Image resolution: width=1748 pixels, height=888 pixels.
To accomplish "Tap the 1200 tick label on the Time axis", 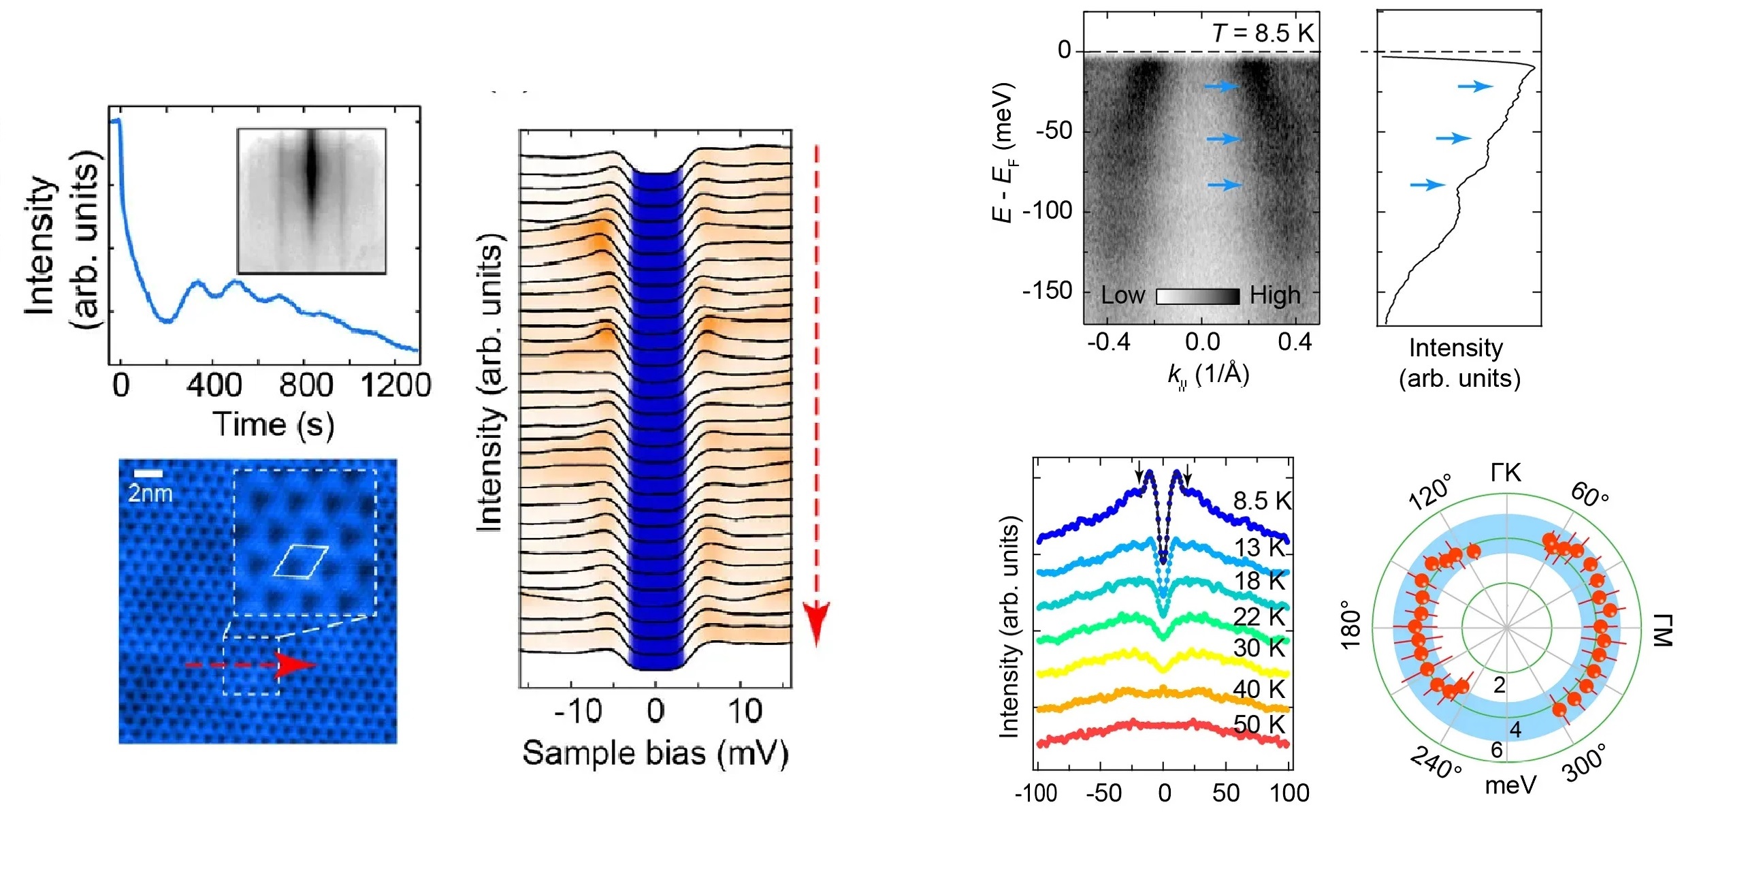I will (x=395, y=386).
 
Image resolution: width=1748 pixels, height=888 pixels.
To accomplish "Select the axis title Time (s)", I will (x=274, y=425).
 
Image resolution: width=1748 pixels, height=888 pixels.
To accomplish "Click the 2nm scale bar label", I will (x=150, y=493).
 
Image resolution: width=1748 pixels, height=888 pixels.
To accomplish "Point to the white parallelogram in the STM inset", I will (x=301, y=560).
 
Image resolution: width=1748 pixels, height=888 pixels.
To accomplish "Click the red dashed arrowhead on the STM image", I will (x=295, y=664).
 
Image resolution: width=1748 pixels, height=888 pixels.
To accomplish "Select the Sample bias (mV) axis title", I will (x=655, y=754).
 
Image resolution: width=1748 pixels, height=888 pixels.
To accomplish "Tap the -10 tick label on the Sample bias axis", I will (x=577, y=712).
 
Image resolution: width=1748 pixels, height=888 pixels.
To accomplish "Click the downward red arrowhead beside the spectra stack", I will (x=816, y=623).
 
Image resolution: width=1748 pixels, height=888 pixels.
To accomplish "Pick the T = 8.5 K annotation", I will (x=1263, y=33).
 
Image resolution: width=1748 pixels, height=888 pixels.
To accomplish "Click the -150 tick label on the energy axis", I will (x=1047, y=291).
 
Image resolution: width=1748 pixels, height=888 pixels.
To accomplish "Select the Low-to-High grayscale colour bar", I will (x=1197, y=296).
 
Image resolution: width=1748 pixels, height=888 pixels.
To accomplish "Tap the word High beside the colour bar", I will (x=1275, y=296).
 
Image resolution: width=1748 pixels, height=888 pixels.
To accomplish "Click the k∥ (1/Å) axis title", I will (x=1208, y=375).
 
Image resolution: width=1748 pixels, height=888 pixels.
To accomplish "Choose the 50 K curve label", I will (x=1259, y=725).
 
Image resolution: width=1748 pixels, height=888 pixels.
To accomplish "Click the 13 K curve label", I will (x=1259, y=547).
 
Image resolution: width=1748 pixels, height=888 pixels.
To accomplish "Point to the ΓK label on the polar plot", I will (x=1506, y=473).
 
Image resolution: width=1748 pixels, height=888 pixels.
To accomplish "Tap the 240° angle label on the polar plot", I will (x=1436, y=763).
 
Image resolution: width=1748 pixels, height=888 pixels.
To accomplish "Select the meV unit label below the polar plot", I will (x=1510, y=785).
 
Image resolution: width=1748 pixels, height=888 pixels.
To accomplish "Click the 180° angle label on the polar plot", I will (x=1350, y=624).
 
